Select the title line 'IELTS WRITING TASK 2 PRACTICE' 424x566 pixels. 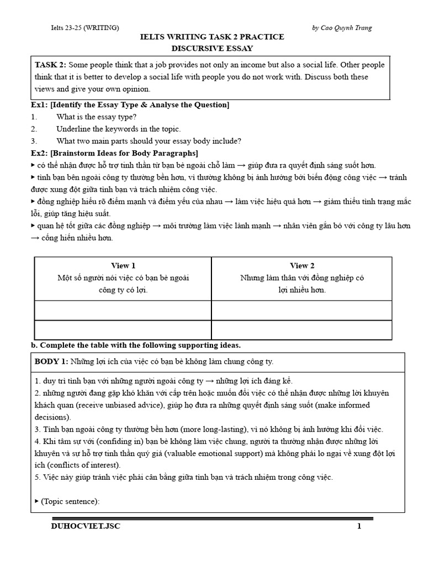[213, 37]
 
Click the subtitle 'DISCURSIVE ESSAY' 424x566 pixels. [213, 48]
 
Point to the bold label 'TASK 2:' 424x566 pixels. [51, 65]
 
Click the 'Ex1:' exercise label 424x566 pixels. [40, 105]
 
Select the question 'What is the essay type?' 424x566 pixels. [96, 117]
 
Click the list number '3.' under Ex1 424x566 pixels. [34, 141]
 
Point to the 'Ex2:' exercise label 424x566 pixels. [40, 153]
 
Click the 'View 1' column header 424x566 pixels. [123, 266]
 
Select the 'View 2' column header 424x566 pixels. [302, 266]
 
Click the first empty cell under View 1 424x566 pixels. [123, 310]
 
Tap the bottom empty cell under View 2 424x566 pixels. [302, 329]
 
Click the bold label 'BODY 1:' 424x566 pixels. [51, 361]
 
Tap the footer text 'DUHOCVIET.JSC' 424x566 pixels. [85, 527]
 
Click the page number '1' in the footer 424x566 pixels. [359, 527]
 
